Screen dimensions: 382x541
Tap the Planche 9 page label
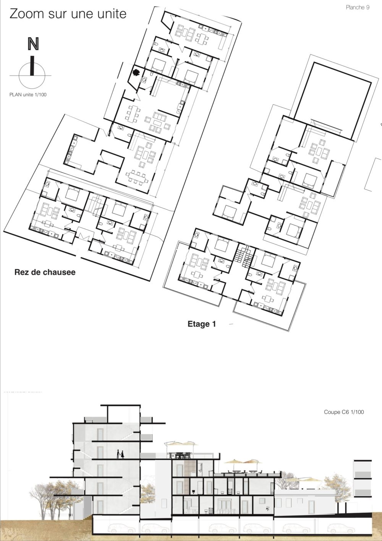click(x=358, y=7)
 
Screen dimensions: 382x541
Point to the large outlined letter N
click(x=33, y=44)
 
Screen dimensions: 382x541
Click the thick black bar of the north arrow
click(x=32, y=66)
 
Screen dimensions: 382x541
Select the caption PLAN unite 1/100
click(x=28, y=94)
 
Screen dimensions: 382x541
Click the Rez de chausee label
click(x=45, y=272)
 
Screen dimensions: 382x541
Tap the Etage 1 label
click(x=202, y=324)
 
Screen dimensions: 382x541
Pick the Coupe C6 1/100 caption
click(x=344, y=412)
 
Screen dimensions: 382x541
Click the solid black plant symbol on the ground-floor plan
click(x=136, y=72)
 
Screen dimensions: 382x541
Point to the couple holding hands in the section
click(x=120, y=454)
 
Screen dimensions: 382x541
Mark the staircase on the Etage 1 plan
click(x=243, y=256)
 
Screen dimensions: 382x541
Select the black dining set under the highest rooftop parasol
click(x=181, y=455)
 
